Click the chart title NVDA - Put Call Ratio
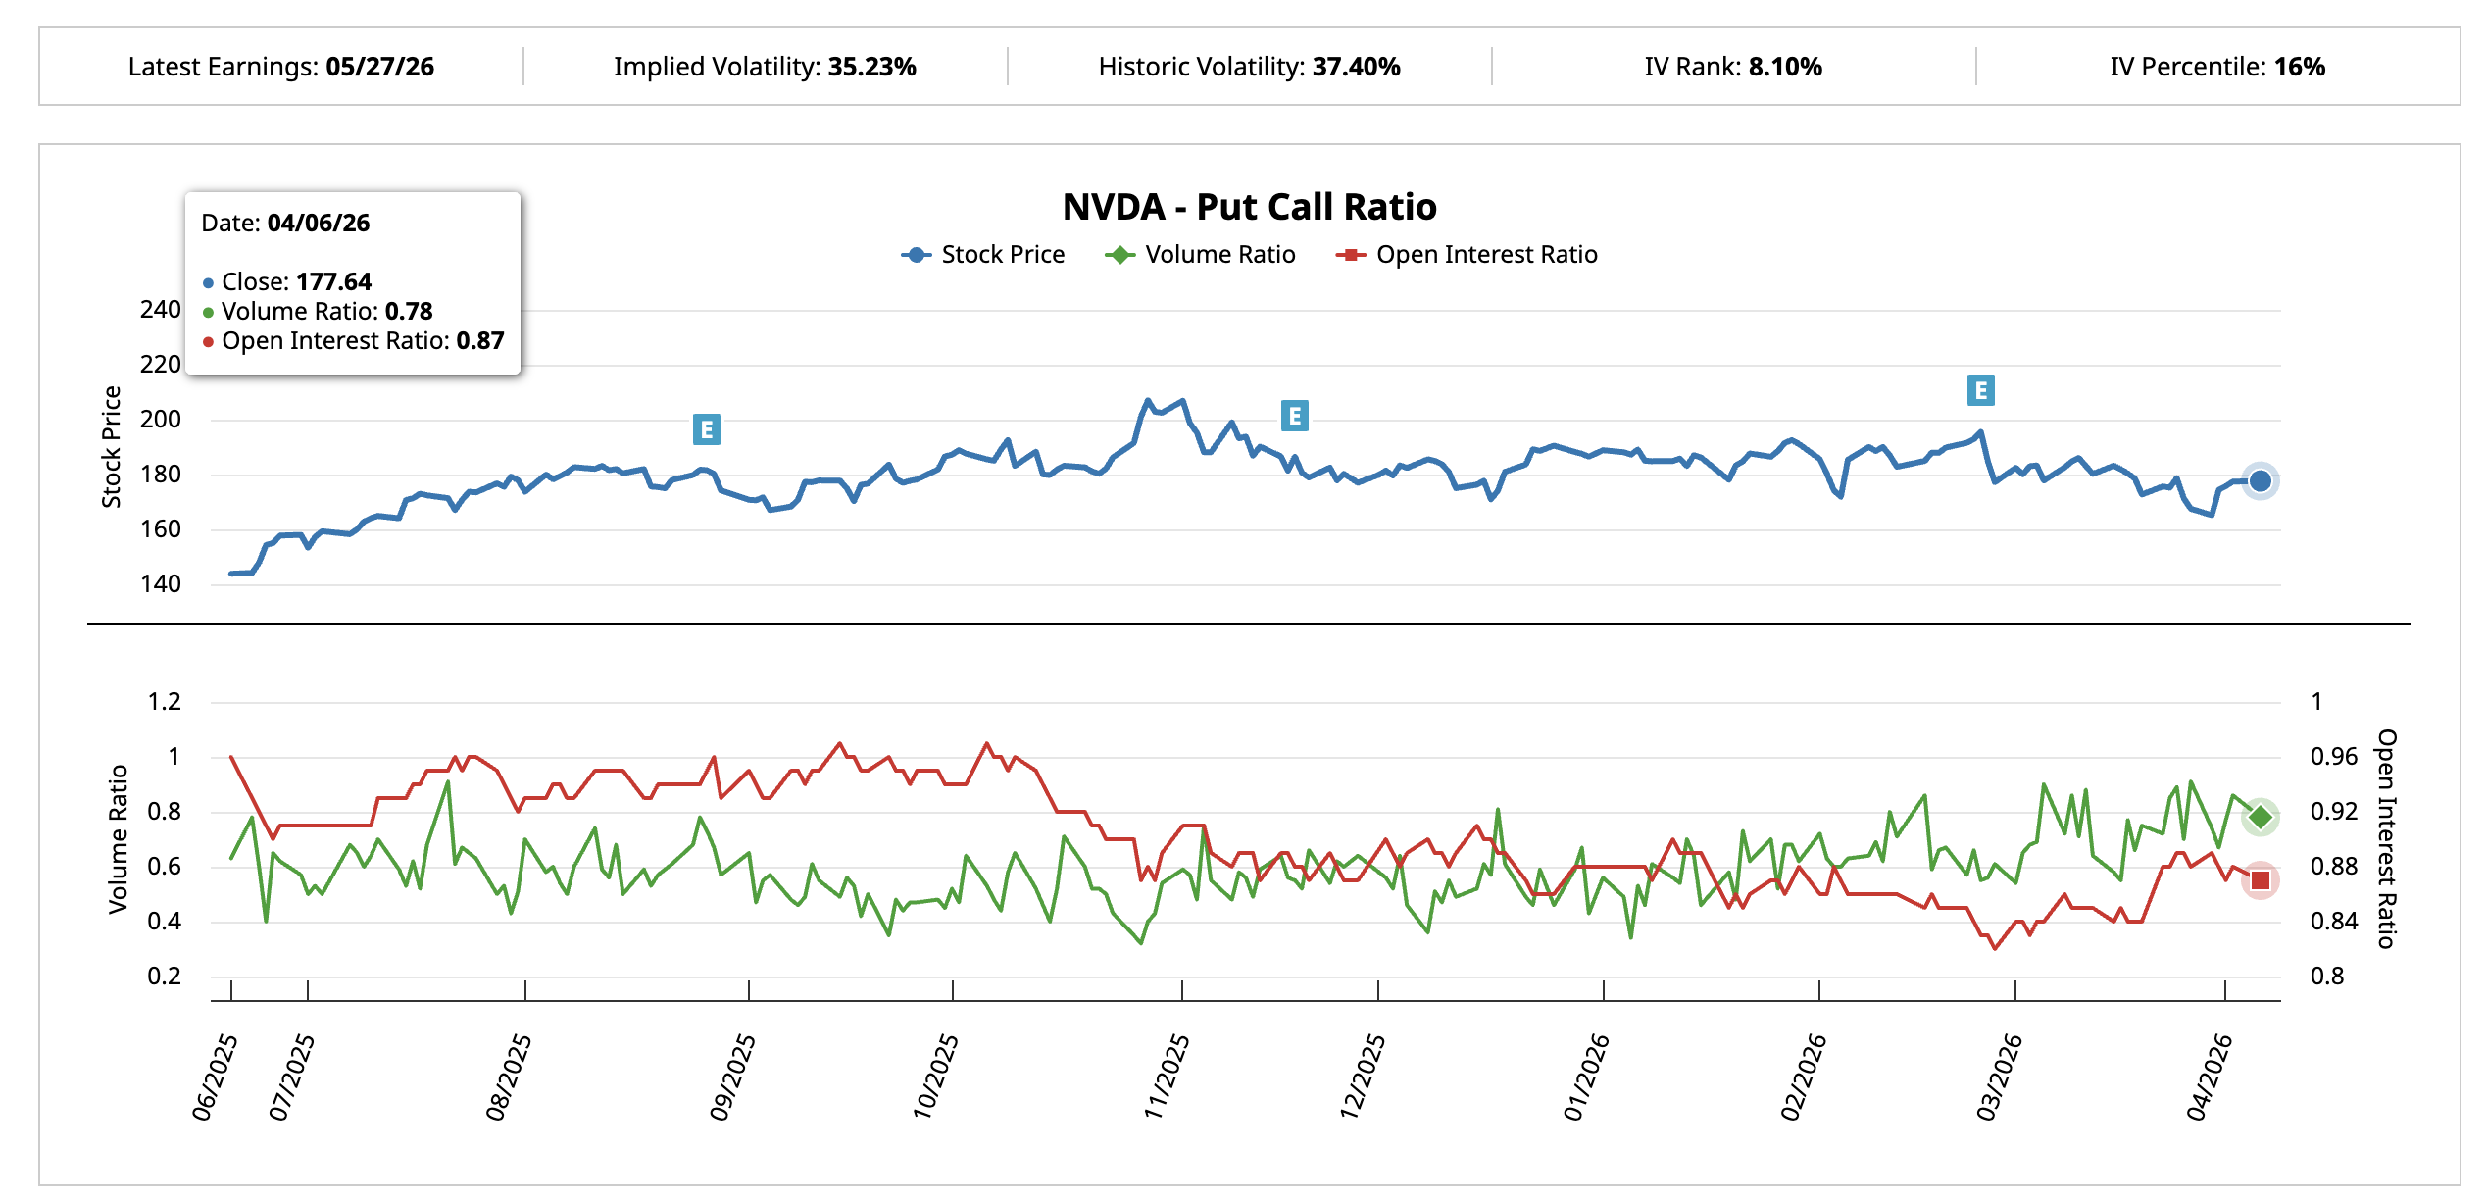click(x=1249, y=207)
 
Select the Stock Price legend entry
click(x=983, y=255)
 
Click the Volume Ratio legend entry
click(x=1201, y=255)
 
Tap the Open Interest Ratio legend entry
click(x=1467, y=255)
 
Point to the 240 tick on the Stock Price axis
click(x=161, y=310)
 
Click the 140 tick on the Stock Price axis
click(x=161, y=584)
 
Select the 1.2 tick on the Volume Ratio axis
click(x=164, y=702)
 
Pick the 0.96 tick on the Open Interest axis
click(x=2333, y=757)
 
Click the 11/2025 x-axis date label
click(x=1167, y=1077)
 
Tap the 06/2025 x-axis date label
click(x=215, y=1077)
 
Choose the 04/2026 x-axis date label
click(x=2209, y=1077)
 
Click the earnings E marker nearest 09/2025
click(x=706, y=429)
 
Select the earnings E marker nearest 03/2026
click(x=1980, y=390)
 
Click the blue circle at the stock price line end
click(x=2260, y=481)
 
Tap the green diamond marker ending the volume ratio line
click(x=2260, y=817)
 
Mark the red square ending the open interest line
click(x=2260, y=880)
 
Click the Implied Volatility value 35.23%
click(x=871, y=67)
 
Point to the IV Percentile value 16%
click(x=2299, y=67)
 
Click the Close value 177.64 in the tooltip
click(x=333, y=282)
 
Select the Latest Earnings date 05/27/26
click(x=379, y=67)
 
